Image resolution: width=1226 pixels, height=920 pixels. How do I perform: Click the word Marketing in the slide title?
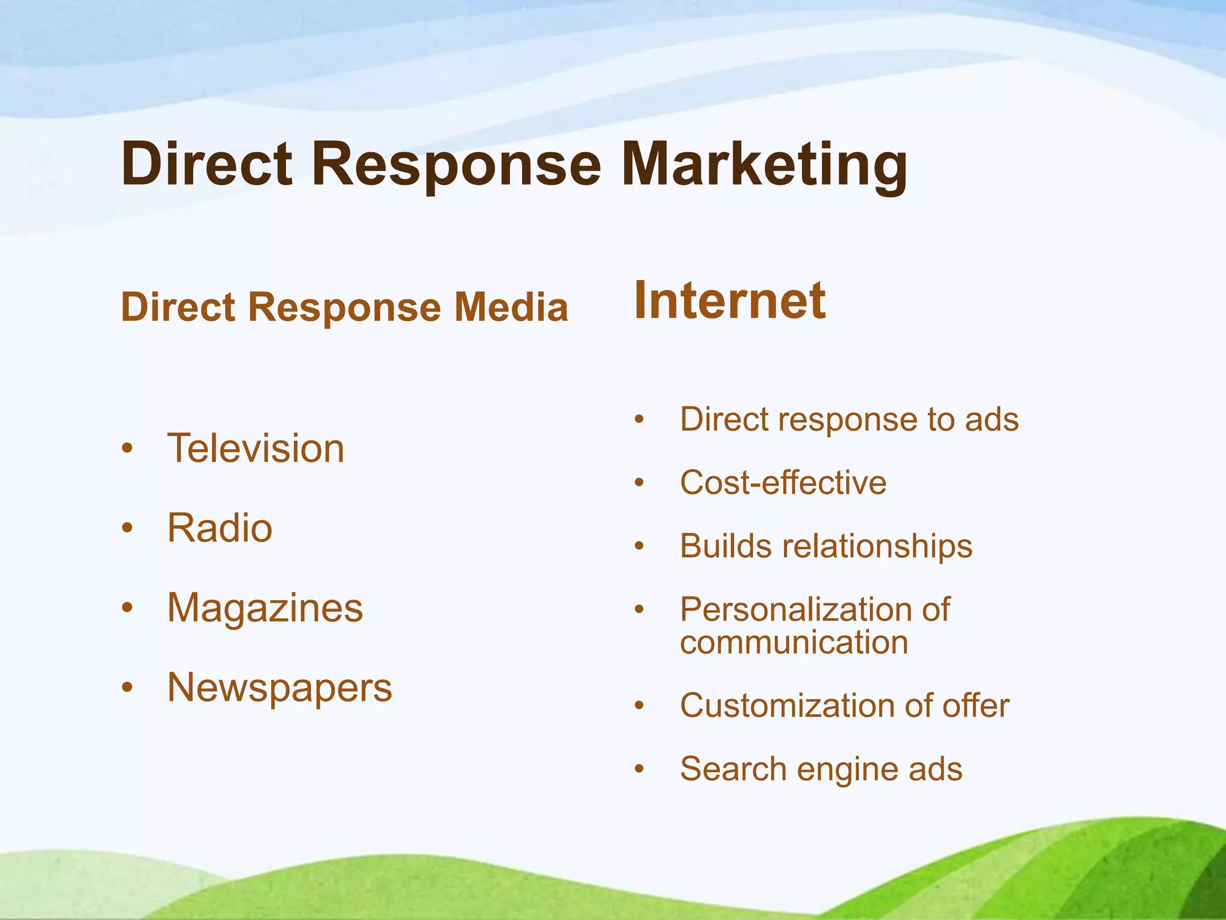click(764, 165)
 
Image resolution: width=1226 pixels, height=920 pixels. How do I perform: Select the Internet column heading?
click(730, 301)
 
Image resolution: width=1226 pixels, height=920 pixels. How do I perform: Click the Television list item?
click(256, 448)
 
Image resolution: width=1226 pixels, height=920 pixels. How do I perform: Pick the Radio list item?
click(220, 528)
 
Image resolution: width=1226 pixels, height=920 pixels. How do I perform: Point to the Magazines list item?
click(265, 608)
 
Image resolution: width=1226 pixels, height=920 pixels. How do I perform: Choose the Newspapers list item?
click(280, 688)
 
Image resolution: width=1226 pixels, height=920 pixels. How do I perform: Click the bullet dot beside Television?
click(127, 449)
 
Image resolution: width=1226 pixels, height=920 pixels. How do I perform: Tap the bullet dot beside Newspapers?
click(127, 688)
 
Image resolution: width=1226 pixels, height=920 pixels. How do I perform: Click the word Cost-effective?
click(783, 483)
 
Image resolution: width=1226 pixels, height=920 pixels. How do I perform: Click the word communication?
click(794, 643)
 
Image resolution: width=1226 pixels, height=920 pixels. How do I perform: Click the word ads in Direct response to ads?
click(991, 419)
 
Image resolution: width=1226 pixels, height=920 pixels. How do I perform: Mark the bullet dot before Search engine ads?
click(639, 770)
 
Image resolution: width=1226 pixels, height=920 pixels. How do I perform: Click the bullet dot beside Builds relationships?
click(639, 547)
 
